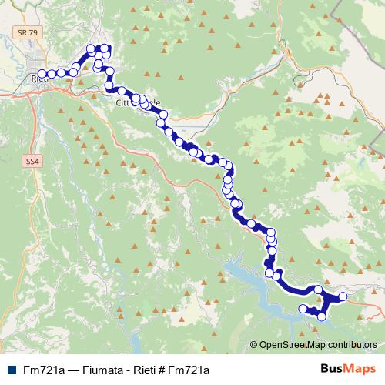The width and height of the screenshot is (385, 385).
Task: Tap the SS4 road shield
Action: point(32,162)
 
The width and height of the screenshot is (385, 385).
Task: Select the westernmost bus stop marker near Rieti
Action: point(41,75)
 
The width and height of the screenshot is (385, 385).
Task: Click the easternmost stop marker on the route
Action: point(343,296)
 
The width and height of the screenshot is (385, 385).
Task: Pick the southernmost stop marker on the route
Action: point(322,316)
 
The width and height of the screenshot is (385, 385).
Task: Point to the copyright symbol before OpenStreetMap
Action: point(254,345)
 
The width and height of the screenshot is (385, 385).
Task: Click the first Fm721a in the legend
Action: point(42,370)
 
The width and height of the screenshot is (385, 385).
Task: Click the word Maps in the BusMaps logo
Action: point(358,369)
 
